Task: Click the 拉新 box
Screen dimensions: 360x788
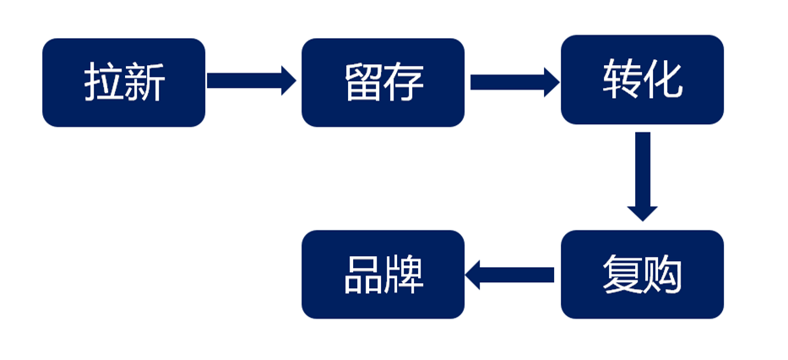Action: pyautogui.click(x=123, y=82)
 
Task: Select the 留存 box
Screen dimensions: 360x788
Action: pyautogui.click(x=383, y=82)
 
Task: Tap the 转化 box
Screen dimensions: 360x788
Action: pyautogui.click(x=642, y=79)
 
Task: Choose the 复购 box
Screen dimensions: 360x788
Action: pyautogui.click(x=642, y=275)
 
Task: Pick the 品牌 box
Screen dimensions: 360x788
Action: pyautogui.click(x=383, y=275)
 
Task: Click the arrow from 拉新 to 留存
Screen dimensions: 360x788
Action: pyautogui.click(x=251, y=81)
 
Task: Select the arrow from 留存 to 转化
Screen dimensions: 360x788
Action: pyautogui.click(x=514, y=81)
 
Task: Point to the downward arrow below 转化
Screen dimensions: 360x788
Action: pyautogui.click(x=643, y=176)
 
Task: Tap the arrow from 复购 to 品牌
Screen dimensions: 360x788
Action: pyautogui.click(x=510, y=275)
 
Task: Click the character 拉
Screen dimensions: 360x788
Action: pyautogui.click(x=103, y=83)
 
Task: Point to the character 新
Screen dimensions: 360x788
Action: pyautogui.click(x=144, y=83)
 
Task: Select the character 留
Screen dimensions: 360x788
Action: pyautogui.click(x=363, y=83)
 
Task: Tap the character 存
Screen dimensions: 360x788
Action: pyautogui.click(x=404, y=83)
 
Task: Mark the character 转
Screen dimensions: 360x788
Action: pyautogui.click(x=622, y=79)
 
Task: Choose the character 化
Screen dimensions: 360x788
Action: pyautogui.click(x=663, y=79)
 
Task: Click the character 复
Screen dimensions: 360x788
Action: pyautogui.click(x=622, y=275)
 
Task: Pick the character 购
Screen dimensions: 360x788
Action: pyautogui.click(x=663, y=275)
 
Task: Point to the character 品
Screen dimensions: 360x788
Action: pyautogui.click(x=363, y=275)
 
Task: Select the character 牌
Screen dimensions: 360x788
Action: pyautogui.click(x=404, y=275)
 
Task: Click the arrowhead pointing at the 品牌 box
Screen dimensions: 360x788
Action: pyautogui.click(x=474, y=275)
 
